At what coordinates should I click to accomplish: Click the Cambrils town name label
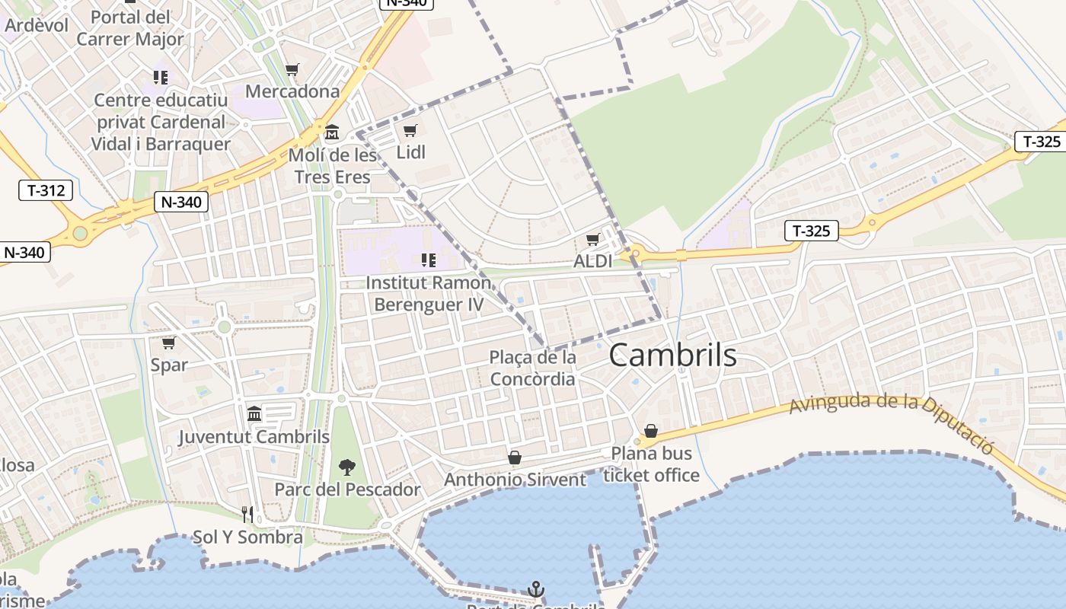pos(672,356)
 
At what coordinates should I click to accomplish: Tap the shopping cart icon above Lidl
pos(410,131)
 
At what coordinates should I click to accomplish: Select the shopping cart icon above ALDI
pos(592,241)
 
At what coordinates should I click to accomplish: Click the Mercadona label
pos(292,91)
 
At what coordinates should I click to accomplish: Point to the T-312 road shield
pos(46,190)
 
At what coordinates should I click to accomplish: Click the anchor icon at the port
pos(536,589)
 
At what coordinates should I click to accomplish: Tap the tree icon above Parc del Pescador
pos(347,467)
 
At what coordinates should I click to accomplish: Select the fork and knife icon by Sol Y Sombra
pos(247,515)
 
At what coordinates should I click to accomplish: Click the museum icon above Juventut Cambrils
pos(254,413)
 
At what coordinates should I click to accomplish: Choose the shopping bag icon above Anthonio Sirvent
pos(515,458)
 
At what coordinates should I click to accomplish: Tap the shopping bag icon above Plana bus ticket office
pos(650,431)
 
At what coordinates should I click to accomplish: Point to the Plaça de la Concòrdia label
pos(532,368)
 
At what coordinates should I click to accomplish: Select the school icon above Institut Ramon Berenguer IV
pos(429,261)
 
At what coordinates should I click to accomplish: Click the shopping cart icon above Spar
pos(168,343)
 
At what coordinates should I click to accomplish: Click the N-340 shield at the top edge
pos(407,2)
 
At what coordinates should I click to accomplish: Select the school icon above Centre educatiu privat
pos(161,77)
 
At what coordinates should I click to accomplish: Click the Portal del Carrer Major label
pos(130,28)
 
